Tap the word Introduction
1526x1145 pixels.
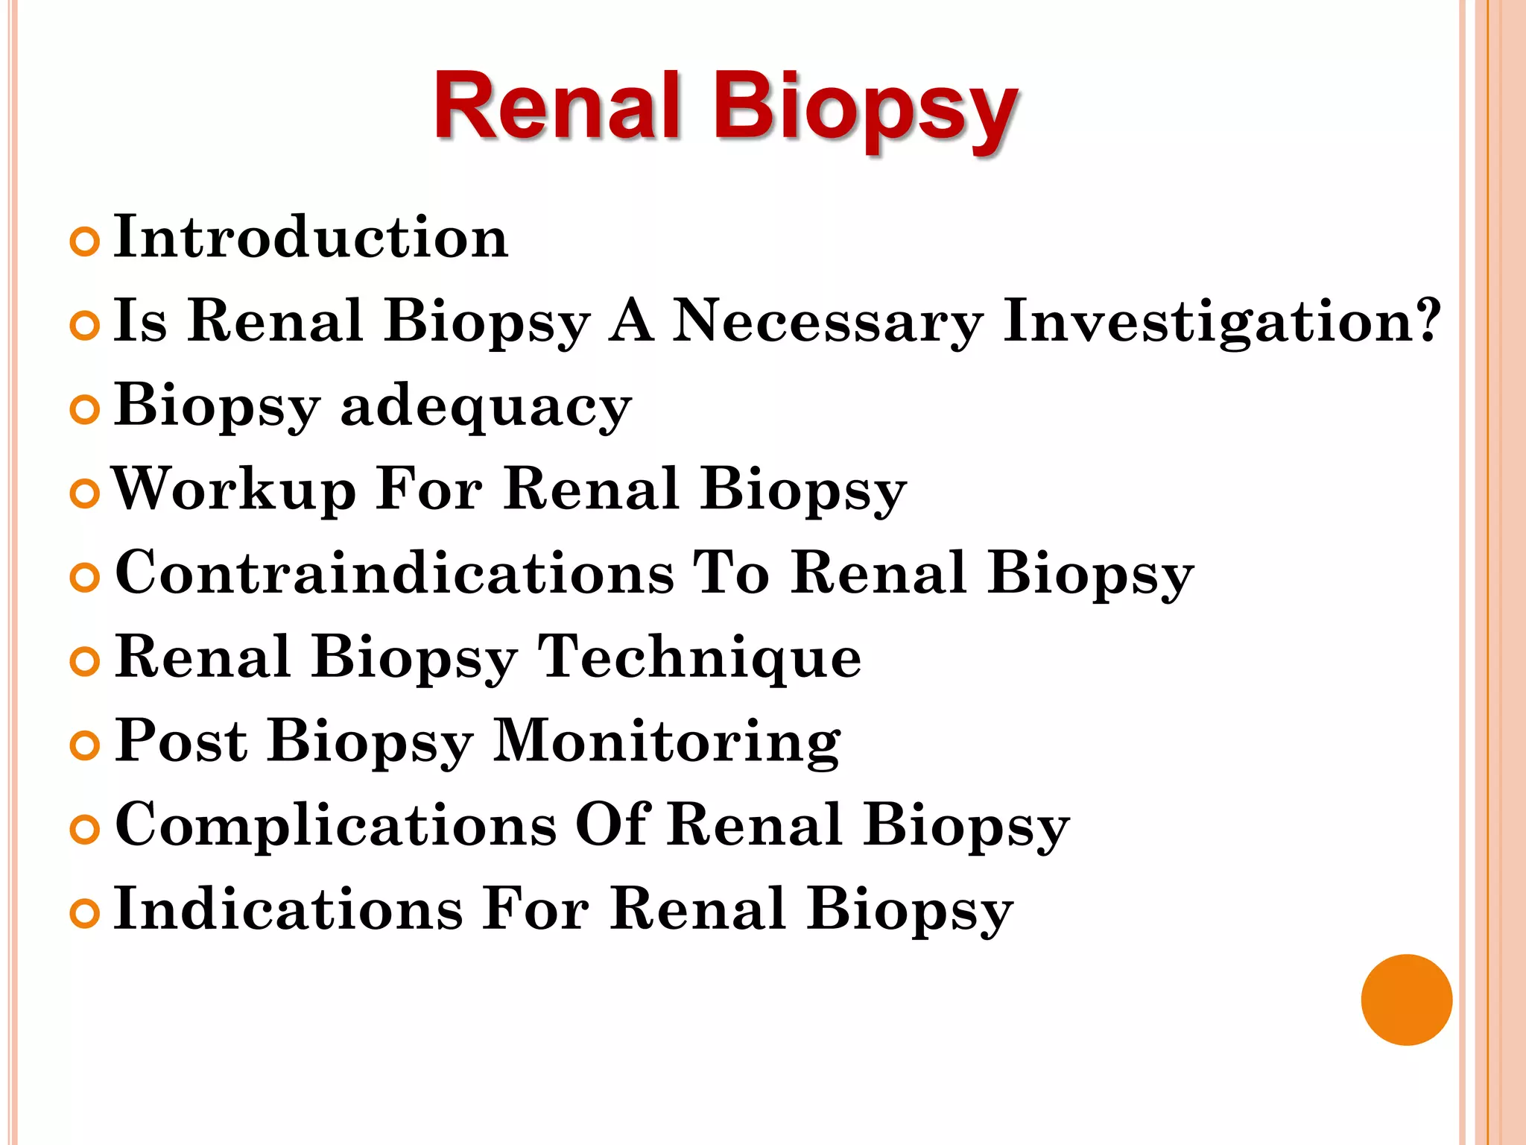pyautogui.click(x=311, y=237)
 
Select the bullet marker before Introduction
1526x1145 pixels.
pyautogui.click(x=84, y=242)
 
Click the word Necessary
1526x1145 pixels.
pyautogui.click(x=828, y=322)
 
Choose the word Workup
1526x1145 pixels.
pyautogui.click(x=234, y=490)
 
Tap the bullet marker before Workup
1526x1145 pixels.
pyautogui.click(x=84, y=494)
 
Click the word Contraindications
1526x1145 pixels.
pyautogui.click(x=395, y=573)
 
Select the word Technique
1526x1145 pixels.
pyautogui.click(x=700, y=657)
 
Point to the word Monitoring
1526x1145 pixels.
pyautogui.click(x=667, y=743)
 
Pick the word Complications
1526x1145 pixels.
pyautogui.click(x=335, y=825)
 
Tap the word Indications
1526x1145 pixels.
pyautogui.click(x=288, y=909)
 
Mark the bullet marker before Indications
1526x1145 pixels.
pyautogui.click(x=84, y=914)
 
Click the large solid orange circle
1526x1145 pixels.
pyautogui.click(x=1406, y=1000)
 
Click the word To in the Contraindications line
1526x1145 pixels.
pyautogui.click(x=731, y=573)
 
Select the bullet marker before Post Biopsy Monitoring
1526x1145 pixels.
pyautogui.click(x=84, y=745)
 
